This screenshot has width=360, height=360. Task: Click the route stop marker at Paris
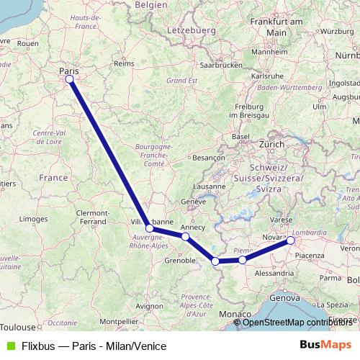(x=70, y=79)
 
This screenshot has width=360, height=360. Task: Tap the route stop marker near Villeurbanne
(x=149, y=228)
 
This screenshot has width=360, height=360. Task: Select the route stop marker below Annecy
(x=186, y=236)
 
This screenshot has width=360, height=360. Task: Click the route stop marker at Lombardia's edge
(x=291, y=240)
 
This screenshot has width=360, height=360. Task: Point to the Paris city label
(x=70, y=71)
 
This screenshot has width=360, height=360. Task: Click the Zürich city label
(x=272, y=144)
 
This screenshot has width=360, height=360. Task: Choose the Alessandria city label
(x=274, y=274)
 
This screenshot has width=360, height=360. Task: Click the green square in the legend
(x=9, y=346)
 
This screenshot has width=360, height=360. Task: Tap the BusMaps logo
(x=325, y=345)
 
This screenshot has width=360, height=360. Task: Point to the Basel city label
(x=240, y=136)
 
